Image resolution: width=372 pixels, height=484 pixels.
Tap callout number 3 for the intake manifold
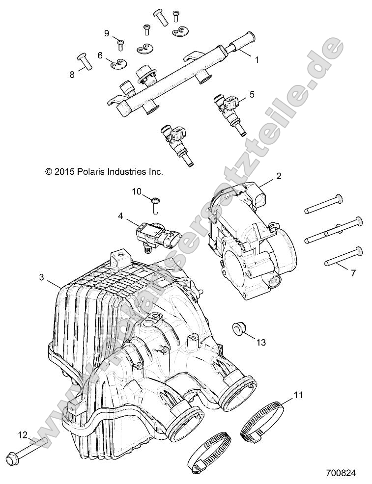click(42, 277)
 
